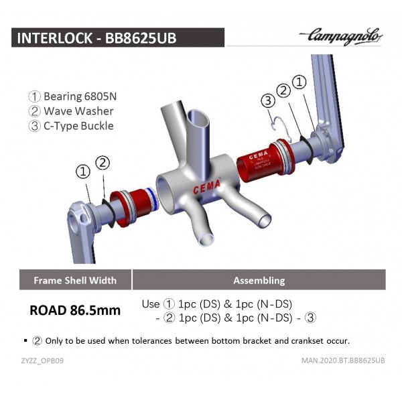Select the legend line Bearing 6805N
click(x=72, y=96)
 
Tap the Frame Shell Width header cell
click(x=74, y=280)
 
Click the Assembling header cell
click(x=259, y=280)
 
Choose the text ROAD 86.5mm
click(x=75, y=310)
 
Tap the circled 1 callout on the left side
click(x=83, y=172)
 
